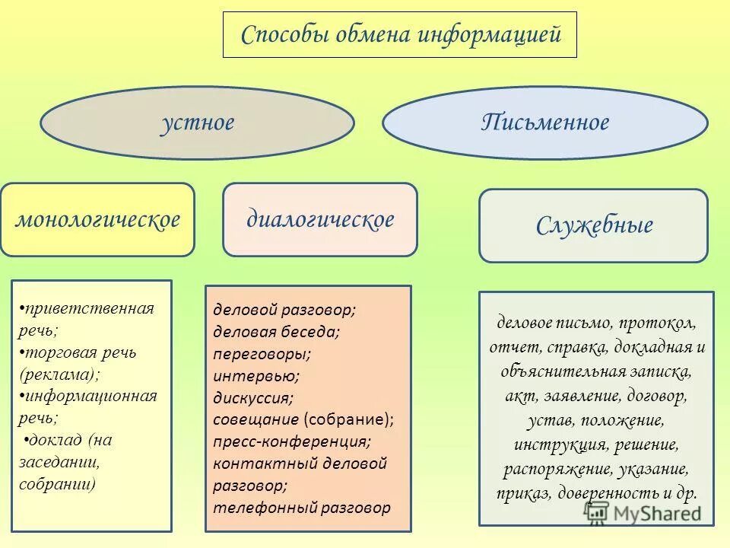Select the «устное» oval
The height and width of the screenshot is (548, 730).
[197, 123]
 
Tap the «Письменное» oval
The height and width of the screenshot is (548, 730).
[544, 123]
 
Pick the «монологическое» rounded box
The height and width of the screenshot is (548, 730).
[98, 219]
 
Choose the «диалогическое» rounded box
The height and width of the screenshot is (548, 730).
[320, 219]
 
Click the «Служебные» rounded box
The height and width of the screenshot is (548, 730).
[593, 225]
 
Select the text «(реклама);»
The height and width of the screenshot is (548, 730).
[60, 374]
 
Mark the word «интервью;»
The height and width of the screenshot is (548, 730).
[256, 375]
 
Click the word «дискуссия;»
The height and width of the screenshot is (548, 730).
[253, 397]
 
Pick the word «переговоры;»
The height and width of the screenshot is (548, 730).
[262, 353]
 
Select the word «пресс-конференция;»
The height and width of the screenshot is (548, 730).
[292, 441]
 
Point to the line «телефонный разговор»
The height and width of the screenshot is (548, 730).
[302, 508]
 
